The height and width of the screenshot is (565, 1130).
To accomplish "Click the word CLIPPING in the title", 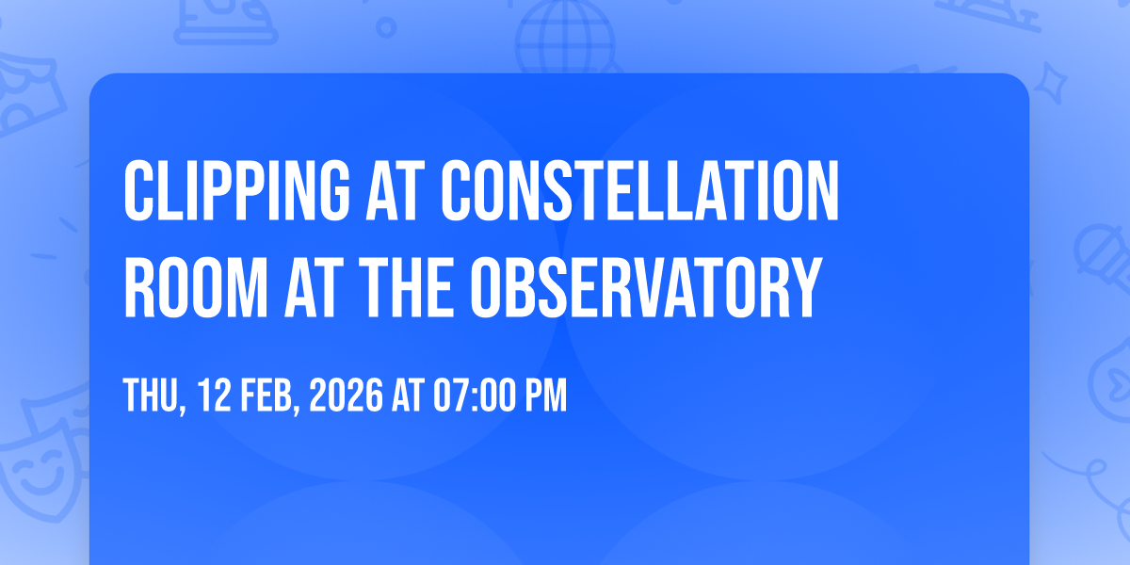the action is pyautogui.click(x=236, y=190).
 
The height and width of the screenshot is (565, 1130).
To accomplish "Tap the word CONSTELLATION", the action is pyautogui.click(x=639, y=190).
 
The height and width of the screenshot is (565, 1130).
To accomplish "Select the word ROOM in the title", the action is pyautogui.click(x=196, y=287).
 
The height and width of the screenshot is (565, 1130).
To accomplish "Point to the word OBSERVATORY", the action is pyautogui.click(x=646, y=287).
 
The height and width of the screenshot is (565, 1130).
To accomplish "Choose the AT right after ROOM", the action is pyautogui.click(x=310, y=287).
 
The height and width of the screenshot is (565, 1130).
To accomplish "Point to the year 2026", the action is pyautogui.click(x=346, y=395).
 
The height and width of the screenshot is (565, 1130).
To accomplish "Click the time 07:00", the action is pyautogui.click(x=474, y=395).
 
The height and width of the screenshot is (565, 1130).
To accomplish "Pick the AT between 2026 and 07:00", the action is pyautogui.click(x=408, y=395).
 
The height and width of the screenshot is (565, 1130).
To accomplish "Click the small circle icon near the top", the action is pyautogui.click(x=386, y=27).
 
